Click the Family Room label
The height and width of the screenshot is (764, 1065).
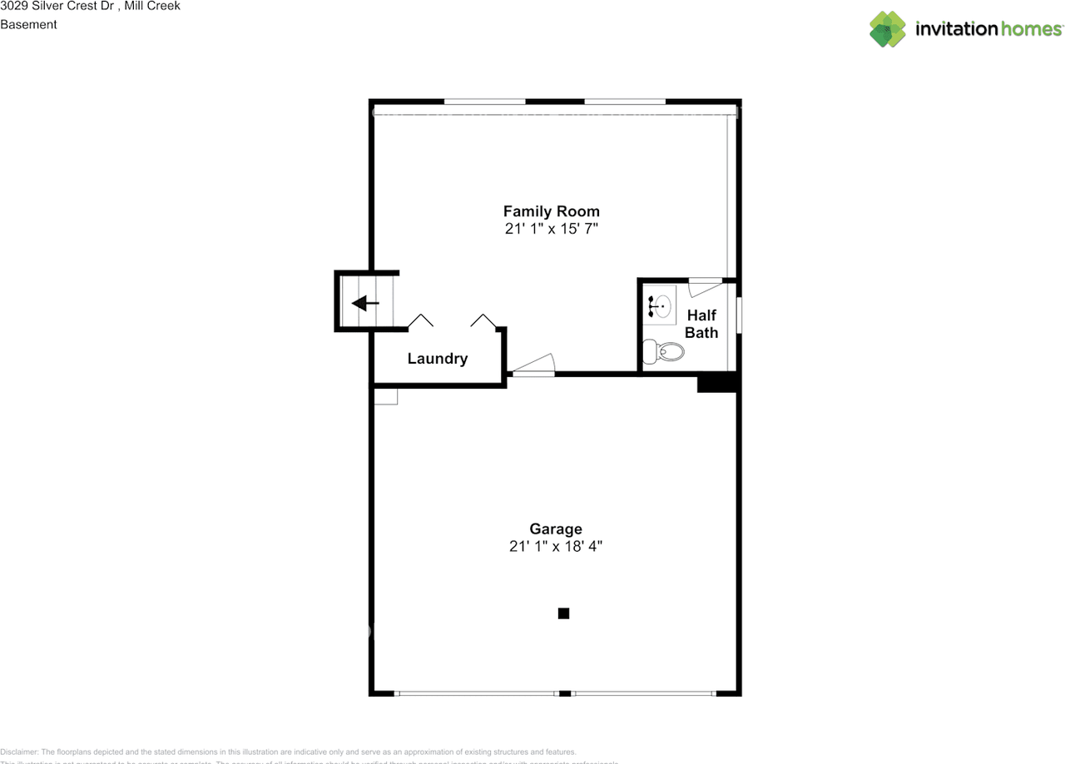coord(551,211)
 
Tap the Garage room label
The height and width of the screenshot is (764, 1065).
coord(556,528)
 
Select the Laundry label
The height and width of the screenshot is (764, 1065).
coord(437,359)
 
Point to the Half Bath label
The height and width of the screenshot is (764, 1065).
coord(701,324)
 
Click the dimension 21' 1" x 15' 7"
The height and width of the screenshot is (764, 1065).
coord(551,229)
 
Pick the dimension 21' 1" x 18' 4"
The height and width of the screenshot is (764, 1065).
coord(556,547)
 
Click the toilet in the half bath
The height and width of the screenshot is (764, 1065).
coord(665,352)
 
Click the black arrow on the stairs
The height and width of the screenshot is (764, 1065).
coord(365,303)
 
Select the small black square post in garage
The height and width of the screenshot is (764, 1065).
coord(563,613)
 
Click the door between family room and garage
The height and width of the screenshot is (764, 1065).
coord(533,366)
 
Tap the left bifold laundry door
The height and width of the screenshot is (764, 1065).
coord(420,320)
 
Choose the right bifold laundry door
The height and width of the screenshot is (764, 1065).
coord(484,320)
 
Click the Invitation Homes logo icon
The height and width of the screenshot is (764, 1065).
coord(887,29)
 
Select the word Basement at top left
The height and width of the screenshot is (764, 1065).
coord(28,24)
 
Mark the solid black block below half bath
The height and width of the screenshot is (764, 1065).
coord(717,382)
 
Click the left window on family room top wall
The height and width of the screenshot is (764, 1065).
coord(484,102)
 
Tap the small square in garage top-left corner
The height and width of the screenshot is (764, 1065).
coord(385,396)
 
